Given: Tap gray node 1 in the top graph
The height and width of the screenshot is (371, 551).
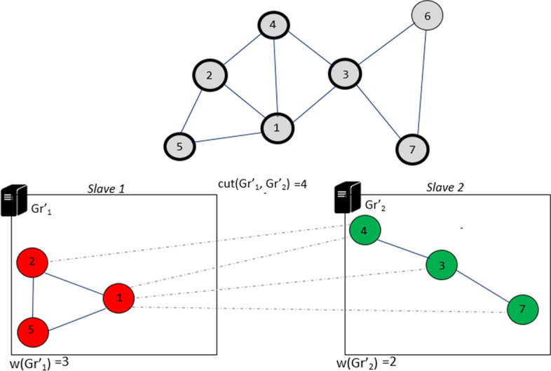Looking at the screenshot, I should coord(278,127).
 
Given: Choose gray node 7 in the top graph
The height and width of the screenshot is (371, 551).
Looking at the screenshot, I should coord(412,149).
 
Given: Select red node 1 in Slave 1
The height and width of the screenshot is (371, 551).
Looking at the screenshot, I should coord(119,299).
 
